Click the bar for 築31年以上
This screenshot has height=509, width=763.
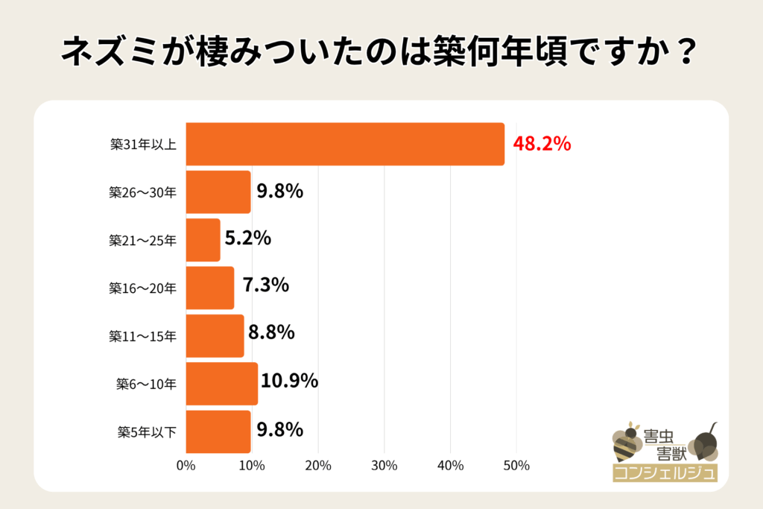pyautogui.click(x=344, y=144)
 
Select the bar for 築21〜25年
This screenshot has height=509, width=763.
pyautogui.click(x=203, y=240)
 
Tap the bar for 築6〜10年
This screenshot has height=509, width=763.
pyautogui.click(x=221, y=384)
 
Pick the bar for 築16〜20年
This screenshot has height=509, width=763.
pyautogui.click(x=209, y=288)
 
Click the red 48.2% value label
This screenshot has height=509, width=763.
pyautogui.click(x=542, y=144)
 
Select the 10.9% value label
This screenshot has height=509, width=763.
pyautogui.click(x=290, y=382)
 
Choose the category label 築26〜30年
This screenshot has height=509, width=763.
pyautogui.click(x=142, y=192)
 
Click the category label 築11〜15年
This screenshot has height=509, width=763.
pyautogui.click(x=142, y=336)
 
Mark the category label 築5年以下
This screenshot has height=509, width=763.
pyautogui.click(x=147, y=431)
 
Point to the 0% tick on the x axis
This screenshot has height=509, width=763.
pyautogui.click(x=186, y=467)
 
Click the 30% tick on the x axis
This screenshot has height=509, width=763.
pyautogui.click(x=384, y=467)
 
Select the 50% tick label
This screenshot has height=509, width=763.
pyautogui.click(x=516, y=467)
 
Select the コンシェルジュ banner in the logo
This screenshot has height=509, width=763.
pyautogui.click(x=664, y=472)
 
